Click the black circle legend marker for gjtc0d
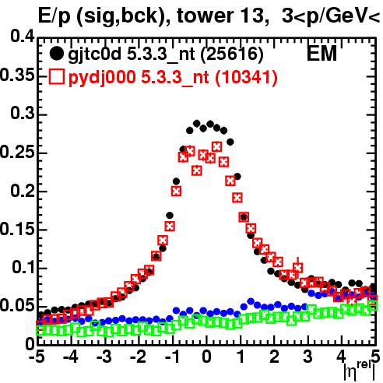tap(56, 54)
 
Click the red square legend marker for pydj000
tap(56, 77)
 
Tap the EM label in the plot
tap(322, 54)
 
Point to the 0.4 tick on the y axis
tap(23, 37)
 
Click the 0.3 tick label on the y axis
tap(23, 114)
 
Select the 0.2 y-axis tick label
tap(23, 190)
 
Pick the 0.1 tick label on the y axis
tap(23, 267)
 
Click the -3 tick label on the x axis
tap(104, 357)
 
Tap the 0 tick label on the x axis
tap(206, 357)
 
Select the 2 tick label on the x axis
tap(274, 357)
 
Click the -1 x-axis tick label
tap(172, 357)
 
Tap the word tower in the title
tap(206, 16)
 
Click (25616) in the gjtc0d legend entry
tap(232, 54)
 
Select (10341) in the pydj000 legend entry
tap(246, 77)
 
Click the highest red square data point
tap(217, 147)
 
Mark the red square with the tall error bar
tap(298, 267)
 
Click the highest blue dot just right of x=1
tap(251, 301)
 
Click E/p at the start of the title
tap(54, 16)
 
